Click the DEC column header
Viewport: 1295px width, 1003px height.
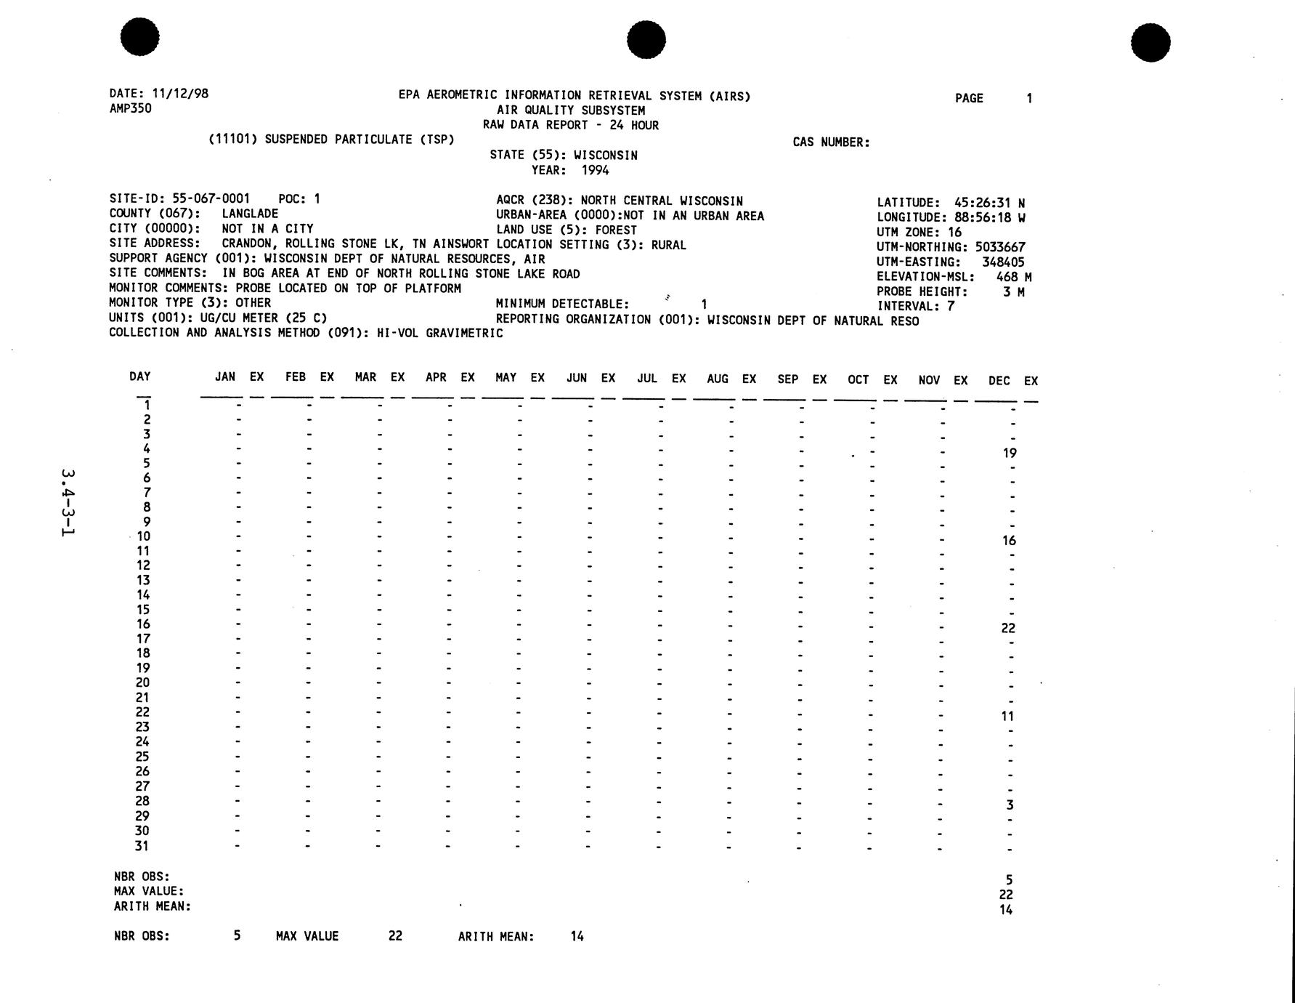click(x=999, y=380)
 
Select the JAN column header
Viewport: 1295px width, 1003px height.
click(x=225, y=376)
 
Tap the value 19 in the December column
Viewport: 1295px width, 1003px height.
click(x=1010, y=453)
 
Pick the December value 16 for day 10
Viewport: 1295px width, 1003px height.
click(x=1009, y=541)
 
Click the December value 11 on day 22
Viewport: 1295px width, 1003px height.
click(x=1007, y=716)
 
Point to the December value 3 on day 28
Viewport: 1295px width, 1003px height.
click(x=1010, y=805)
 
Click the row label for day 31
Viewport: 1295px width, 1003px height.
click(x=142, y=846)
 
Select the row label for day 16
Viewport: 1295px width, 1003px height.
click(x=143, y=624)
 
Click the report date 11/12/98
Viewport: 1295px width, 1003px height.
click(x=180, y=94)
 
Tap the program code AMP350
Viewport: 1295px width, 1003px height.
click(x=131, y=109)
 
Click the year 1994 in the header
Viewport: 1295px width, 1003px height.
click(x=595, y=171)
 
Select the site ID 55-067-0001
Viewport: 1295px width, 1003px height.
click(x=211, y=198)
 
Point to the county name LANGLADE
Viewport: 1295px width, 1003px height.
click(x=250, y=214)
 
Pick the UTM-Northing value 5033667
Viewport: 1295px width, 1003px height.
click(x=1000, y=247)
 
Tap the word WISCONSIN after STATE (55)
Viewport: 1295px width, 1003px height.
click(x=605, y=156)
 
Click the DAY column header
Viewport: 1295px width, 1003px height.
click(x=140, y=376)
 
